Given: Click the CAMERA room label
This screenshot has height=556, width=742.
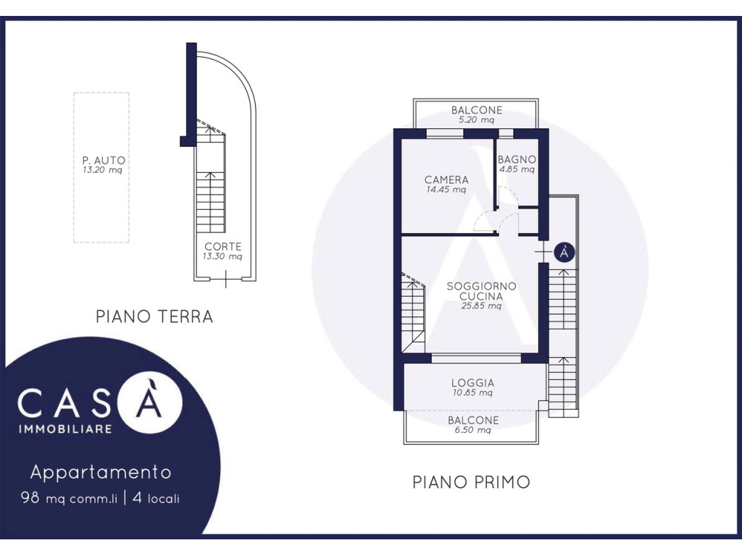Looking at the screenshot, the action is click(x=446, y=180).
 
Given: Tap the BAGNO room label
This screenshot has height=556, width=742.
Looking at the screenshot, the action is click(x=517, y=159).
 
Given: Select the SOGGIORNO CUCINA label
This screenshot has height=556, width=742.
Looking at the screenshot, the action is click(x=481, y=291).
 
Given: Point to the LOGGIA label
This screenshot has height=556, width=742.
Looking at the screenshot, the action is click(x=472, y=382).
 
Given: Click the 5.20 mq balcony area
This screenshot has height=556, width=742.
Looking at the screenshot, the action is click(x=476, y=120).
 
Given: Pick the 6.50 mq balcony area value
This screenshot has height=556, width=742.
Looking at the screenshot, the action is click(x=472, y=430).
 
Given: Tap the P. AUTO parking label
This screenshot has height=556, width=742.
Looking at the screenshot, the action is click(x=104, y=160).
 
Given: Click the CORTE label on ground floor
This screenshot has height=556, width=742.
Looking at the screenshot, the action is click(x=223, y=246).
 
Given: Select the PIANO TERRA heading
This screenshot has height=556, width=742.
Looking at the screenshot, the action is click(x=154, y=316).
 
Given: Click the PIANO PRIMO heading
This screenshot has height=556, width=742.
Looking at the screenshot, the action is click(x=471, y=482).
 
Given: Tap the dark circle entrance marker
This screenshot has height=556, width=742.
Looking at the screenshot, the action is click(x=564, y=253).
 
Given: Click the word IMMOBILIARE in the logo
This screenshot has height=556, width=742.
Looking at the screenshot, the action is click(x=65, y=429).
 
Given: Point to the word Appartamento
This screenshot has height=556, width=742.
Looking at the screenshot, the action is click(x=101, y=472).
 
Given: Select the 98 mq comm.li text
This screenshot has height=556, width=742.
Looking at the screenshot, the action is click(x=69, y=498).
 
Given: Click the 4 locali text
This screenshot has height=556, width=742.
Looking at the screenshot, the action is click(x=157, y=498).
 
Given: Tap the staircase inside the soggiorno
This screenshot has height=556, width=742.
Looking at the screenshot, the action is click(x=413, y=312).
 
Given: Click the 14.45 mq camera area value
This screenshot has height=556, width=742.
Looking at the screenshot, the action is click(x=446, y=190).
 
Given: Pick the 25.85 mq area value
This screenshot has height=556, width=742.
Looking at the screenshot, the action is click(x=481, y=306).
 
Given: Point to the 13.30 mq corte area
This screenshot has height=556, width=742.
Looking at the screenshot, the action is click(x=222, y=257).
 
